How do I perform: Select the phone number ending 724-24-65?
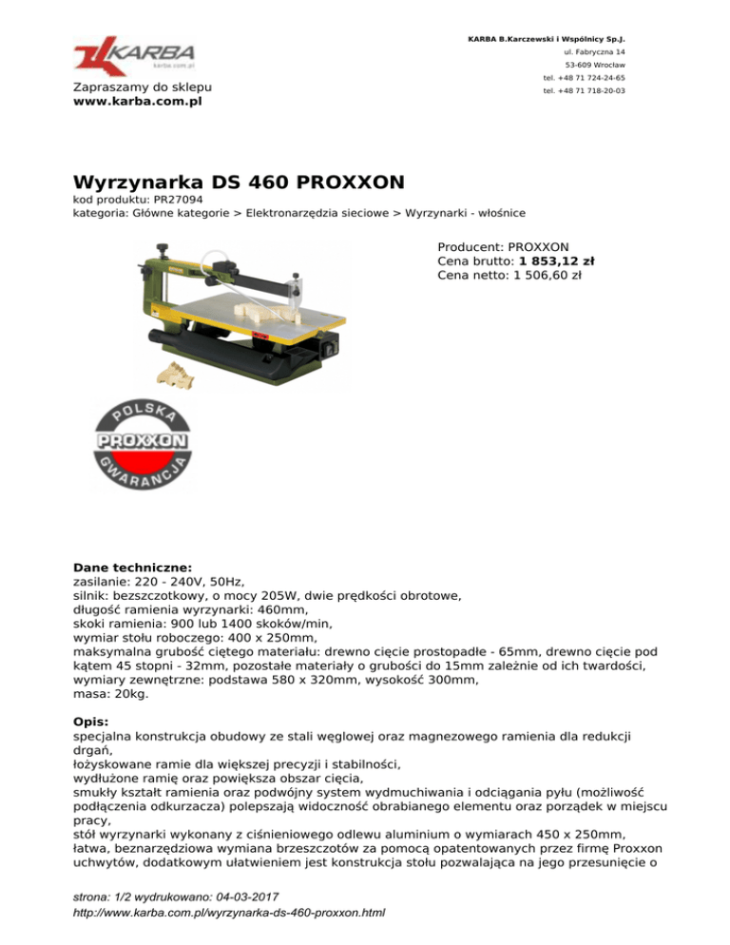point(584,78)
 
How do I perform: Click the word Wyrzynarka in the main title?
point(139,181)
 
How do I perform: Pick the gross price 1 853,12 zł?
point(557,260)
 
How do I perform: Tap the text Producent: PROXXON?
point(503,244)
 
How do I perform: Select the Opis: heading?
point(94,721)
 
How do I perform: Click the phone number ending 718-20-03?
point(584,91)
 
